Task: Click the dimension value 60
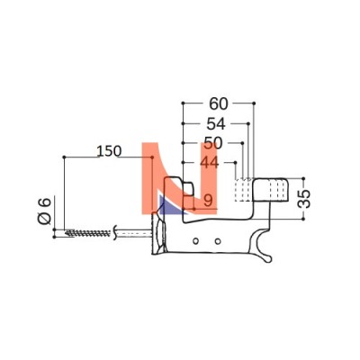click(219, 103)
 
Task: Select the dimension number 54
click(216, 124)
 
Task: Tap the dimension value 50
click(213, 143)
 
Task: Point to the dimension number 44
click(210, 163)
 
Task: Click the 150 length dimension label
click(109, 151)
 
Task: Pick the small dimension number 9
click(208, 201)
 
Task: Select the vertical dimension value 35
click(304, 199)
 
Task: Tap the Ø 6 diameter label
click(44, 211)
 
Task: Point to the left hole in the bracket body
click(195, 241)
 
